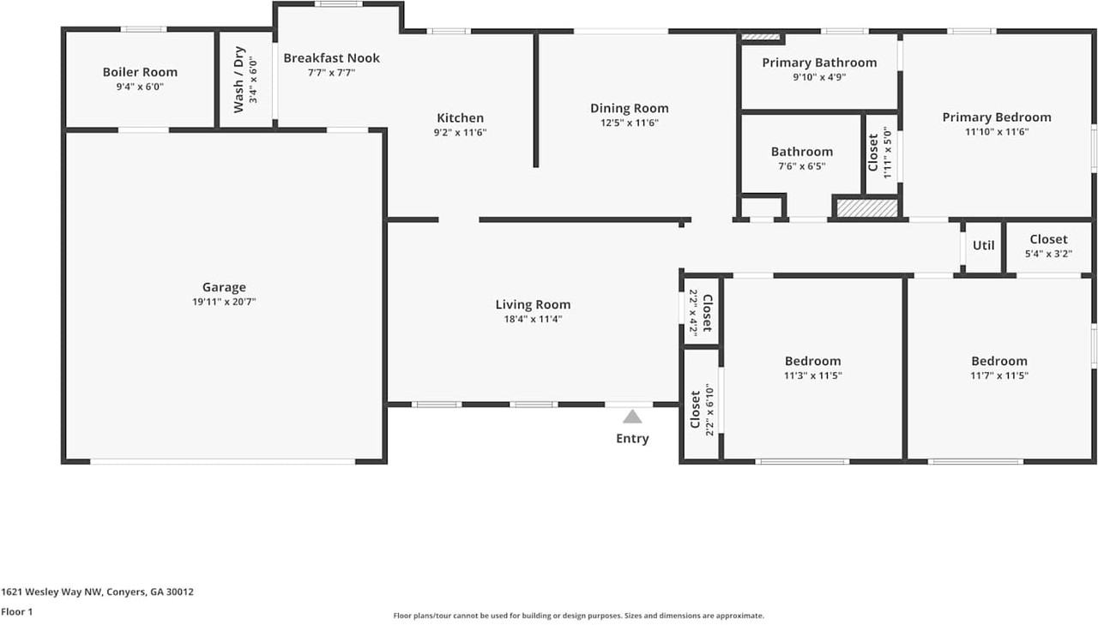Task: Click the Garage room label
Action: (x=224, y=287)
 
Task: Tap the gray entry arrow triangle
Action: (x=632, y=417)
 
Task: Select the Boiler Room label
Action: (x=140, y=72)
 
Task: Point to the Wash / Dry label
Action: (x=239, y=80)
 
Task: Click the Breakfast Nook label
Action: (x=331, y=58)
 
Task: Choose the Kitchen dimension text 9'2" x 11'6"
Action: (x=461, y=133)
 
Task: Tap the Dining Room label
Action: (x=629, y=108)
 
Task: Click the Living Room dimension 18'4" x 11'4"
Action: (x=533, y=319)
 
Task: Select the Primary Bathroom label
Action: (x=819, y=63)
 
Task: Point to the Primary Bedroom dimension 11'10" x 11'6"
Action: (x=997, y=132)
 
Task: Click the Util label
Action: (x=983, y=245)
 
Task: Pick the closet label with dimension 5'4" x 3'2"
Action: (x=1048, y=239)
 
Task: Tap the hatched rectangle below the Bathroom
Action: (x=866, y=207)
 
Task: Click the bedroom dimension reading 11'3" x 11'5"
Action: (x=812, y=376)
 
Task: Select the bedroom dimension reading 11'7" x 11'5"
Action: (x=999, y=376)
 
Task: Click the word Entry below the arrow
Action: (x=632, y=439)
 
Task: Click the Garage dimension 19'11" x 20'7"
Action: (x=224, y=302)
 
